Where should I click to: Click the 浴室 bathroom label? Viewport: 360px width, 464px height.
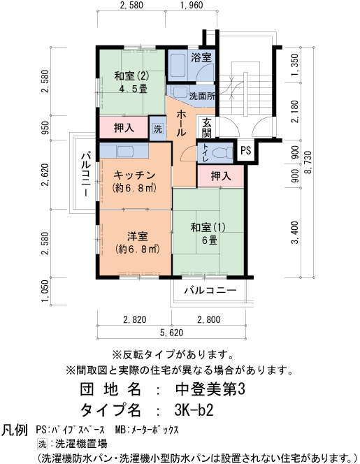click(x=201, y=57)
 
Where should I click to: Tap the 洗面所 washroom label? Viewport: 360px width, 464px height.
click(x=202, y=96)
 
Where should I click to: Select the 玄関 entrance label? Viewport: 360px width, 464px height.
click(x=207, y=128)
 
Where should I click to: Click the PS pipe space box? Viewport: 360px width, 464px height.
click(x=245, y=150)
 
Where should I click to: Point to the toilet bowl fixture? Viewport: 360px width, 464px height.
click(x=224, y=153)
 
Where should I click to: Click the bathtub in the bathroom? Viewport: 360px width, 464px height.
click(x=177, y=66)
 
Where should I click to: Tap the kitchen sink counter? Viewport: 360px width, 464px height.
click(x=124, y=151)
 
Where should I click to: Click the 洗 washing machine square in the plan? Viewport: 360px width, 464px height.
click(x=158, y=129)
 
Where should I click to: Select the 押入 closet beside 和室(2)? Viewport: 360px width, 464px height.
click(x=124, y=128)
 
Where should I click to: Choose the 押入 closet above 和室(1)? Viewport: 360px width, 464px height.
click(x=221, y=176)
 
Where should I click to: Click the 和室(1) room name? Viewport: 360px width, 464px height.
click(x=208, y=228)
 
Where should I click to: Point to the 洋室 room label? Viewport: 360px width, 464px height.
click(x=138, y=236)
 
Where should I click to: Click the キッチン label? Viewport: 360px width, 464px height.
click(x=135, y=175)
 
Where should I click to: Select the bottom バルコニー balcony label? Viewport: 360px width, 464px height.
click(x=210, y=290)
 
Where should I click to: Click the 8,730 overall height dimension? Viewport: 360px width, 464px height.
click(x=308, y=162)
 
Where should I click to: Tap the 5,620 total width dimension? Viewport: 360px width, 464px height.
click(x=172, y=333)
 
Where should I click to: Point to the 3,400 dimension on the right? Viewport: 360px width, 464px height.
click(x=295, y=233)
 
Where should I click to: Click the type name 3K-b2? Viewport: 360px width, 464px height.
click(x=194, y=409)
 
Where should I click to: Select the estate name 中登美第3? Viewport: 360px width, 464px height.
click(x=210, y=389)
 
